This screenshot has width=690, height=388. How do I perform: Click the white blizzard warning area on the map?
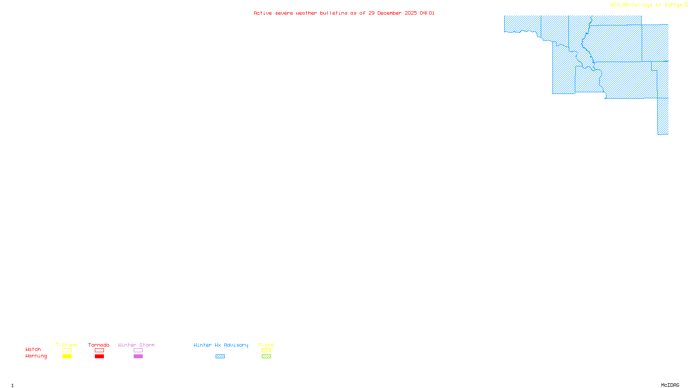[x=655, y=20]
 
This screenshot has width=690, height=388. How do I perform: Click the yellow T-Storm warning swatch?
[x=67, y=357]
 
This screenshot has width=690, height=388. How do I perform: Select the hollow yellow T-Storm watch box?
[x=67, y=350]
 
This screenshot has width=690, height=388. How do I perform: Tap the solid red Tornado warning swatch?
[x=99, y=357]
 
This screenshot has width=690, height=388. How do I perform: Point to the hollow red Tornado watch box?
[x=99, y=350]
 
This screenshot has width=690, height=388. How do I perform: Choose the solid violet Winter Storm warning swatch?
[x=138, y=357]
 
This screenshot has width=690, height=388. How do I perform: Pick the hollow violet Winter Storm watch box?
[x=138, y=350]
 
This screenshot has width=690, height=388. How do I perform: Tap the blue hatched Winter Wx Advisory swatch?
[x=220, y=357]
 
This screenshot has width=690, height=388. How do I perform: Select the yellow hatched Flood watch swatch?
[x=266, y=350]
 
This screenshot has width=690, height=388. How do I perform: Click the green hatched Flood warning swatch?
[x=266, y=357]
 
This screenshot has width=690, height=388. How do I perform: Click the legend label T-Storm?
[x=66, y=345]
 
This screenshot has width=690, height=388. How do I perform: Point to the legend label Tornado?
[x=99, y=345]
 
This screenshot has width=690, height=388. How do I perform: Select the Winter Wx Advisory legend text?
[x=221, y=345]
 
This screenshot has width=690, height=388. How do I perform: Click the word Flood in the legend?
[x=266, y=345]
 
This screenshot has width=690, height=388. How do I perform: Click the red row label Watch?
[x=33, y=349]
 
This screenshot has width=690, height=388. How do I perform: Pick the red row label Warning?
[x=36, y=356]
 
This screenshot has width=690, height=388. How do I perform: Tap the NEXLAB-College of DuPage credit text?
[x=646, y=5]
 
